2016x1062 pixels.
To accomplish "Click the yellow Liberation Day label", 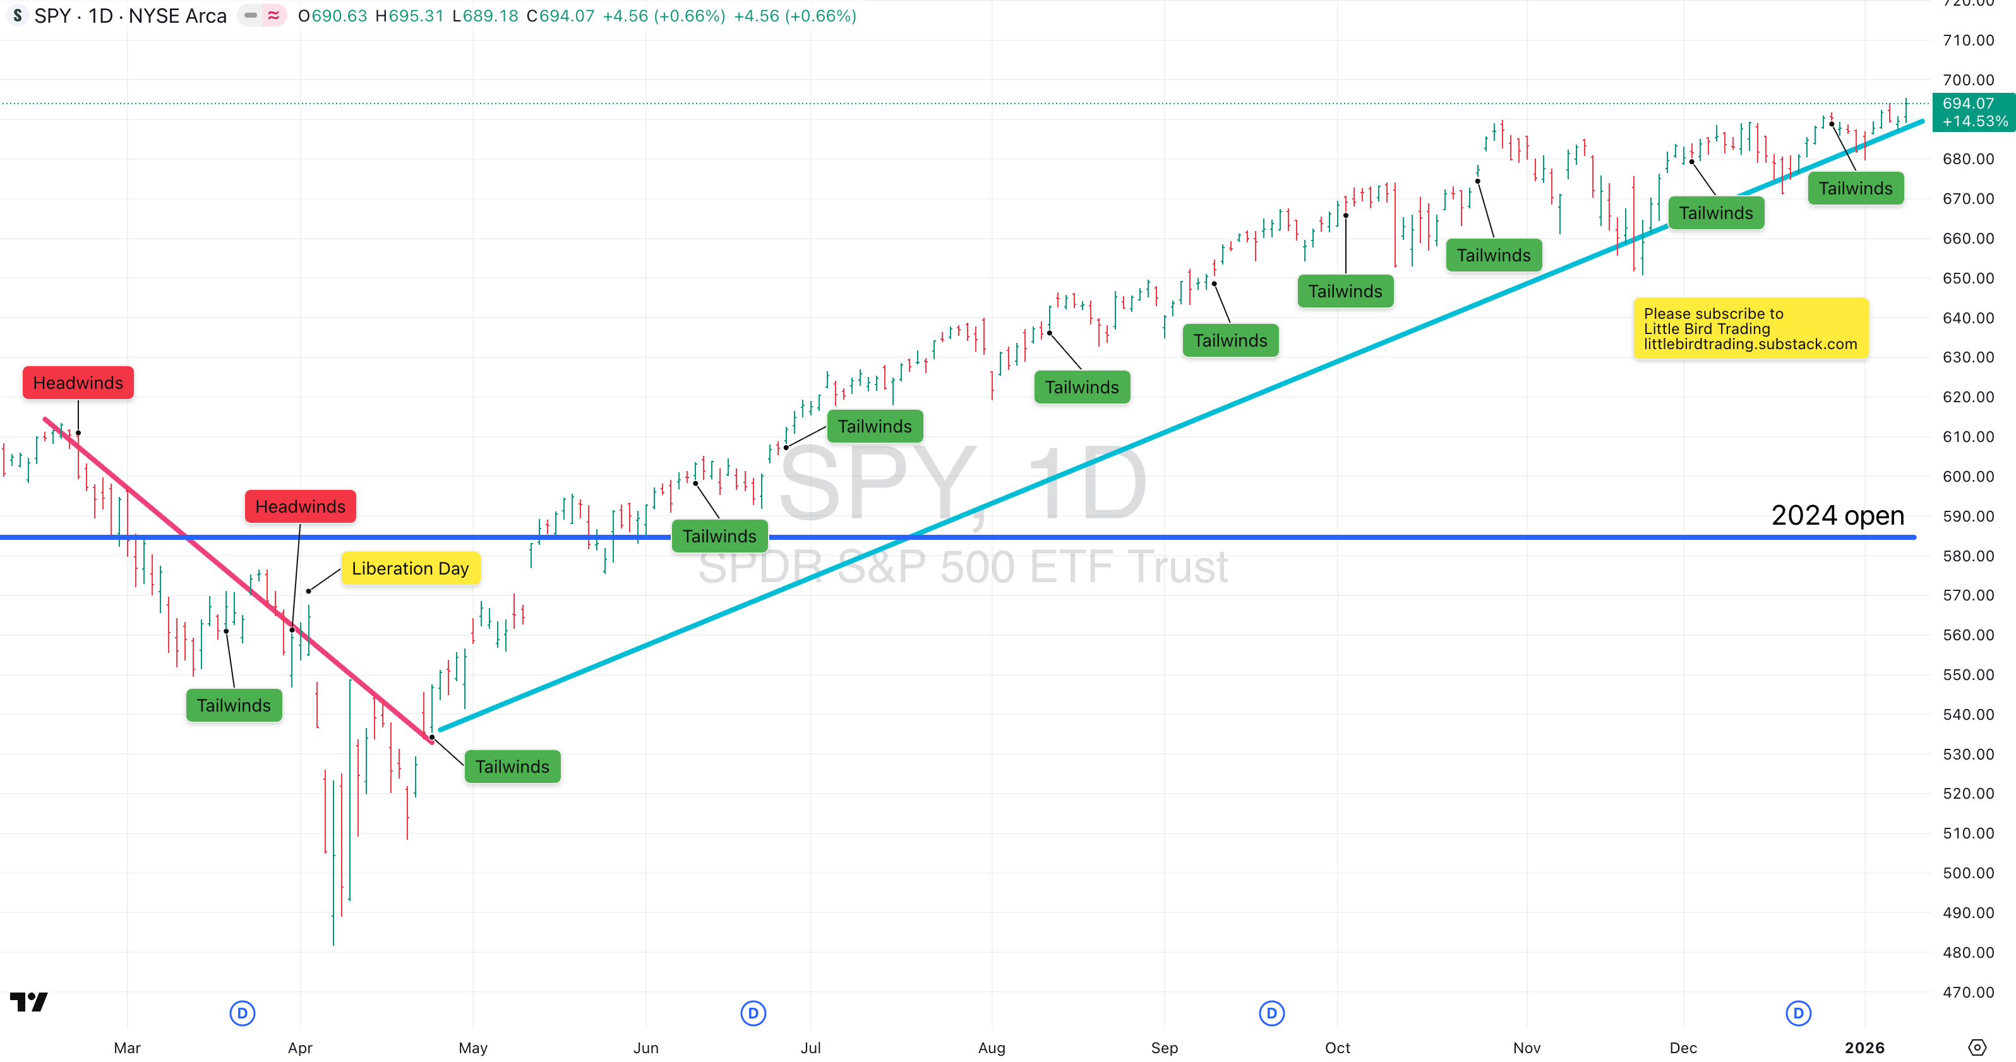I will click(410, 568).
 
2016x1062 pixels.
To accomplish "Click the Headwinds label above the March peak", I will click(78, 383).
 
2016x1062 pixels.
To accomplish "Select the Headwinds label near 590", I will click(300, 506).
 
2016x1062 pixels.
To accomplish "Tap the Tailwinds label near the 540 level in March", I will click(234, 705).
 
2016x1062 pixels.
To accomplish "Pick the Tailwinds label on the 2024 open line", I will click(719, 536).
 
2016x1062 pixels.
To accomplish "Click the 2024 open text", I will click(1837, 515).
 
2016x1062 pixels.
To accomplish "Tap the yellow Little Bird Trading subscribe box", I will click(1750, 329).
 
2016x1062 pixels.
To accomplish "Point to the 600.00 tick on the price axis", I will click(1967, 477).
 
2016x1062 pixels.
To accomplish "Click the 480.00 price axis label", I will click(1967, 952).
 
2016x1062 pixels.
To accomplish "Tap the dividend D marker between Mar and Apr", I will click(243, 1013).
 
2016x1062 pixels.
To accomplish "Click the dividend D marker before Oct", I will click(1272, 1013).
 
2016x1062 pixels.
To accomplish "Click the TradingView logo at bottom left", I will click(29, 1002).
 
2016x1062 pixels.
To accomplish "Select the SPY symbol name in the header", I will click(52, 16).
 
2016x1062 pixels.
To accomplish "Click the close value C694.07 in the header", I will click(560, 16).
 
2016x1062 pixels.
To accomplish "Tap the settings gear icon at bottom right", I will click(1977, 1047).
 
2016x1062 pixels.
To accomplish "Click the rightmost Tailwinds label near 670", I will click(1855, 189).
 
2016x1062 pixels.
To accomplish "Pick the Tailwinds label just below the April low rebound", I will click(513, 766).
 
